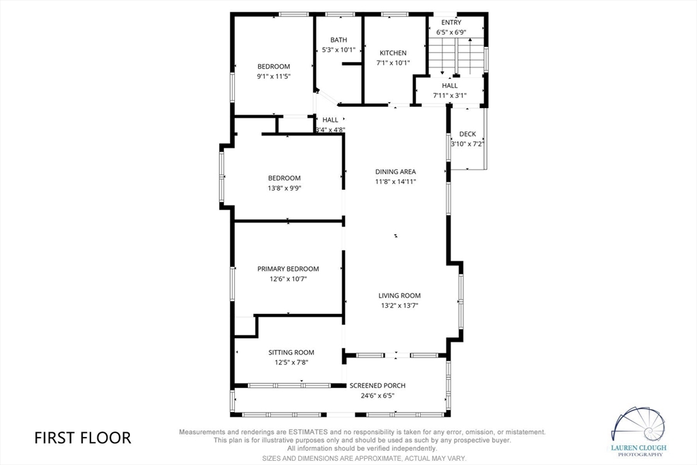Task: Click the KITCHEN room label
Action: point(393,53)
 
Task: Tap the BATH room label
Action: point(339,40)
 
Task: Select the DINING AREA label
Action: point(395,172)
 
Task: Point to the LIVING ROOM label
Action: point(399,295)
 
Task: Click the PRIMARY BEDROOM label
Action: point(288,269)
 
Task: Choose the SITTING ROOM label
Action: point(291,353)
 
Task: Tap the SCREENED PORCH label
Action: point(377,385)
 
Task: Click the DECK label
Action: point(468,134)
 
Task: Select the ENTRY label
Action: point(451,22)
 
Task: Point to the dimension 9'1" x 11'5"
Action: point(274,76)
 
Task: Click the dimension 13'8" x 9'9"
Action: point(285,188)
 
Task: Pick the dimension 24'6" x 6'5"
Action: point(377,396)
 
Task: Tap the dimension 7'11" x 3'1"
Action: point(450,95)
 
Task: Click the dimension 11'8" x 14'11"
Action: point(395,182)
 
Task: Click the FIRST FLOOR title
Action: point(82,438)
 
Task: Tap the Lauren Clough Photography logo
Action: point(638,431)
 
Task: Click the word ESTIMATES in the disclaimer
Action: point(308,432)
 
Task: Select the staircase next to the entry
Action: point(455,57)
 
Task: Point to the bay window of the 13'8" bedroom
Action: point(222,176)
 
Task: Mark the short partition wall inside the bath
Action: point(352,64)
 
